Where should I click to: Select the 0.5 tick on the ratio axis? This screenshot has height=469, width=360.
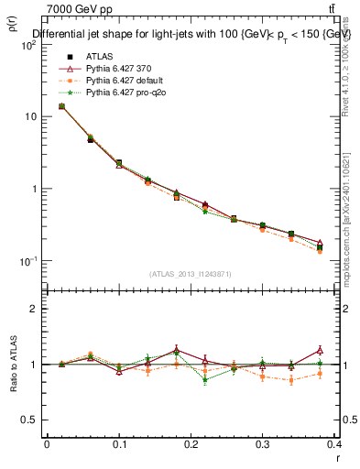30,420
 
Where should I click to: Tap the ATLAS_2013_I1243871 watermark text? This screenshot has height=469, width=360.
191,274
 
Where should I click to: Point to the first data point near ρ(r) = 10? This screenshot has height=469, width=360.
61,106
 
